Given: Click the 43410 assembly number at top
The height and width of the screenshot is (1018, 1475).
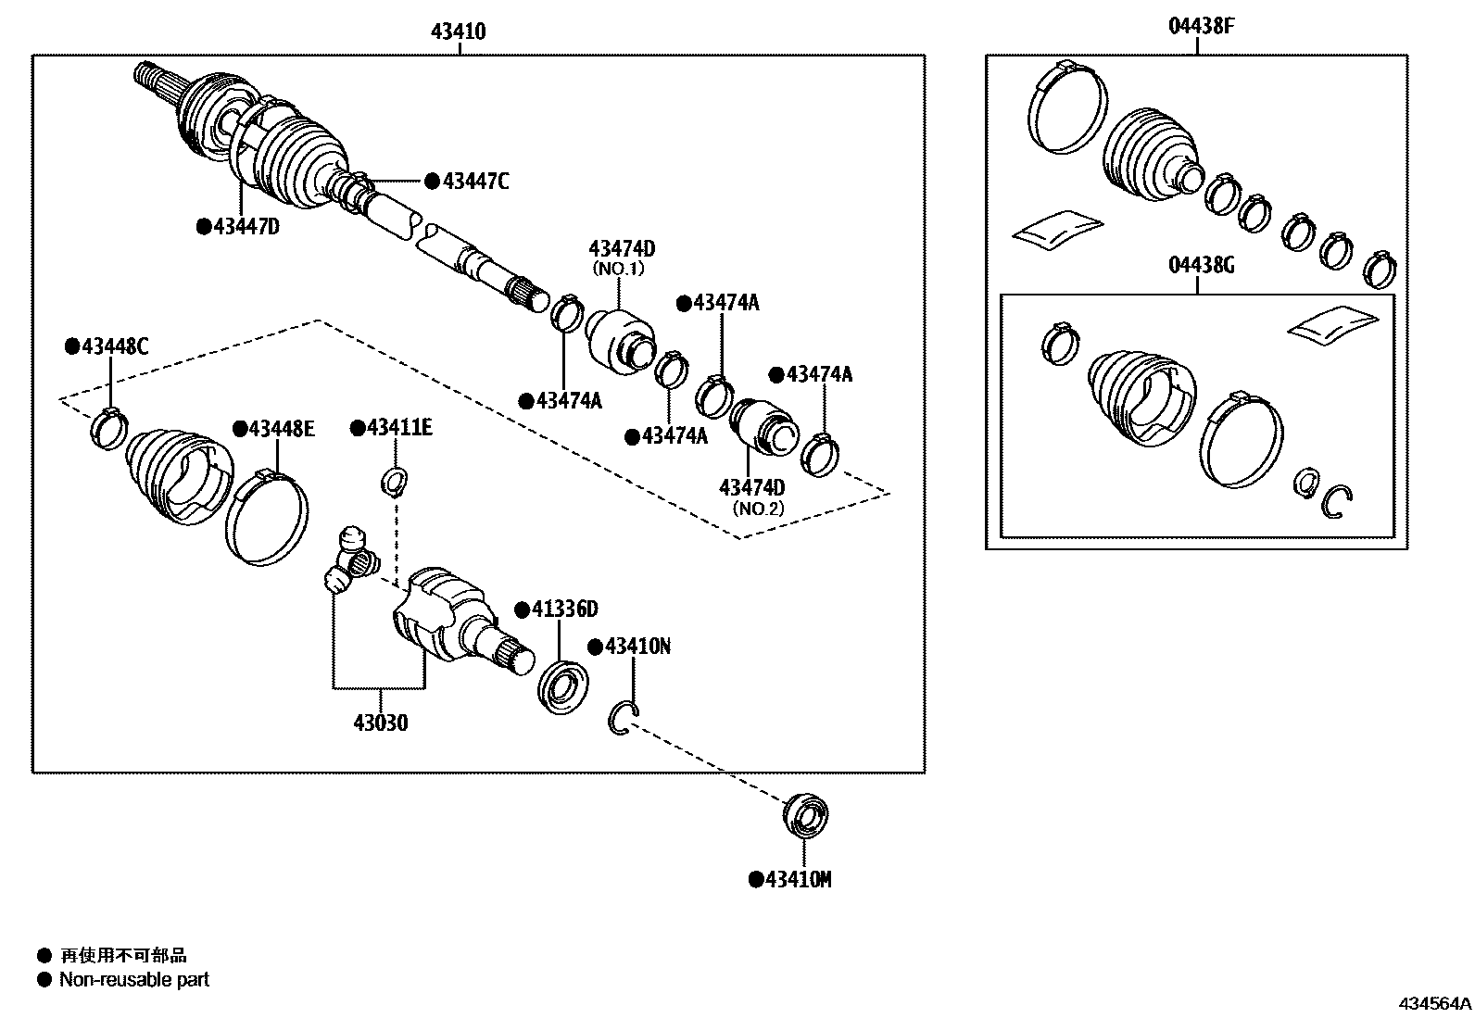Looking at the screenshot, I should [x=458, y=31].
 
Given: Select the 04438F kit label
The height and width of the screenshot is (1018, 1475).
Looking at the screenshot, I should [x=1201, y=26].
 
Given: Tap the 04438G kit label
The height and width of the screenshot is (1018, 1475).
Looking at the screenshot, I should [x=1201, y=266].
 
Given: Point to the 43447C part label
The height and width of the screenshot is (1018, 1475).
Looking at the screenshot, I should [x=475, y=182].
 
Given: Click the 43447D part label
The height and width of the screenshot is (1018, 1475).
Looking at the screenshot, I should [x=246, y=226].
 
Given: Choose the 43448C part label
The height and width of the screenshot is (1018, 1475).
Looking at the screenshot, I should [x=114, y=346].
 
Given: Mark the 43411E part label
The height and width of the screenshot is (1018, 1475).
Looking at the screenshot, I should [x=399, y=427].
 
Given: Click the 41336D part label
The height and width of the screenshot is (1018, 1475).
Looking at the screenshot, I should [x=564, y=609].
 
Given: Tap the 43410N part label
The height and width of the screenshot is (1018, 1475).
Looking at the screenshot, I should [x=637, y=646].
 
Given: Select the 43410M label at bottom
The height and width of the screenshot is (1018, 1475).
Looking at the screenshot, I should [x=798, y=879].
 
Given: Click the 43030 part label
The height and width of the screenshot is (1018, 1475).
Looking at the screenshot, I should [x=380, y=723].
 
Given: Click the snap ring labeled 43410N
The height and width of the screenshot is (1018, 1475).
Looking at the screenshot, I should [x=624, y=720].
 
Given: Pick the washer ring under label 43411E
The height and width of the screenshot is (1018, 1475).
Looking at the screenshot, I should [x=395, y=482].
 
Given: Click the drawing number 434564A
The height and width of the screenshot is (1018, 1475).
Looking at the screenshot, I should [x=1433, y=1003].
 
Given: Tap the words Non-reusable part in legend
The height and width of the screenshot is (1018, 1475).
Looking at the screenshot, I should [x=134, y=979].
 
